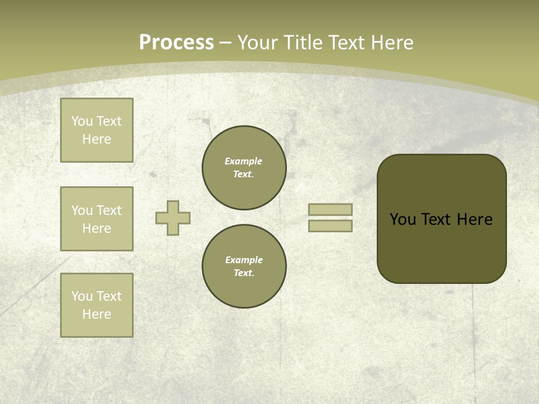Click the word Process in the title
point(176,43)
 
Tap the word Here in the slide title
point(391,43)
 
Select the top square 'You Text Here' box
point(97,130)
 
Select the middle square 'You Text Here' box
point(97,219)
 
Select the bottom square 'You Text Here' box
point(97,305)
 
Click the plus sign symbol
point(173,218)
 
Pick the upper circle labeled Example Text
point(244,168)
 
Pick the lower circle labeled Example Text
point(244,267)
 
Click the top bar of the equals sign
point(331,209)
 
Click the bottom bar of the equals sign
point(331,226)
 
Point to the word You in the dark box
point(402,219)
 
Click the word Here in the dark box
point(474,219)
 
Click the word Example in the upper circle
point(244,161)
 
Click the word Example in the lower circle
point(244,260)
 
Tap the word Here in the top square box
point(97,139)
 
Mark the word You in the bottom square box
point(82,296)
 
